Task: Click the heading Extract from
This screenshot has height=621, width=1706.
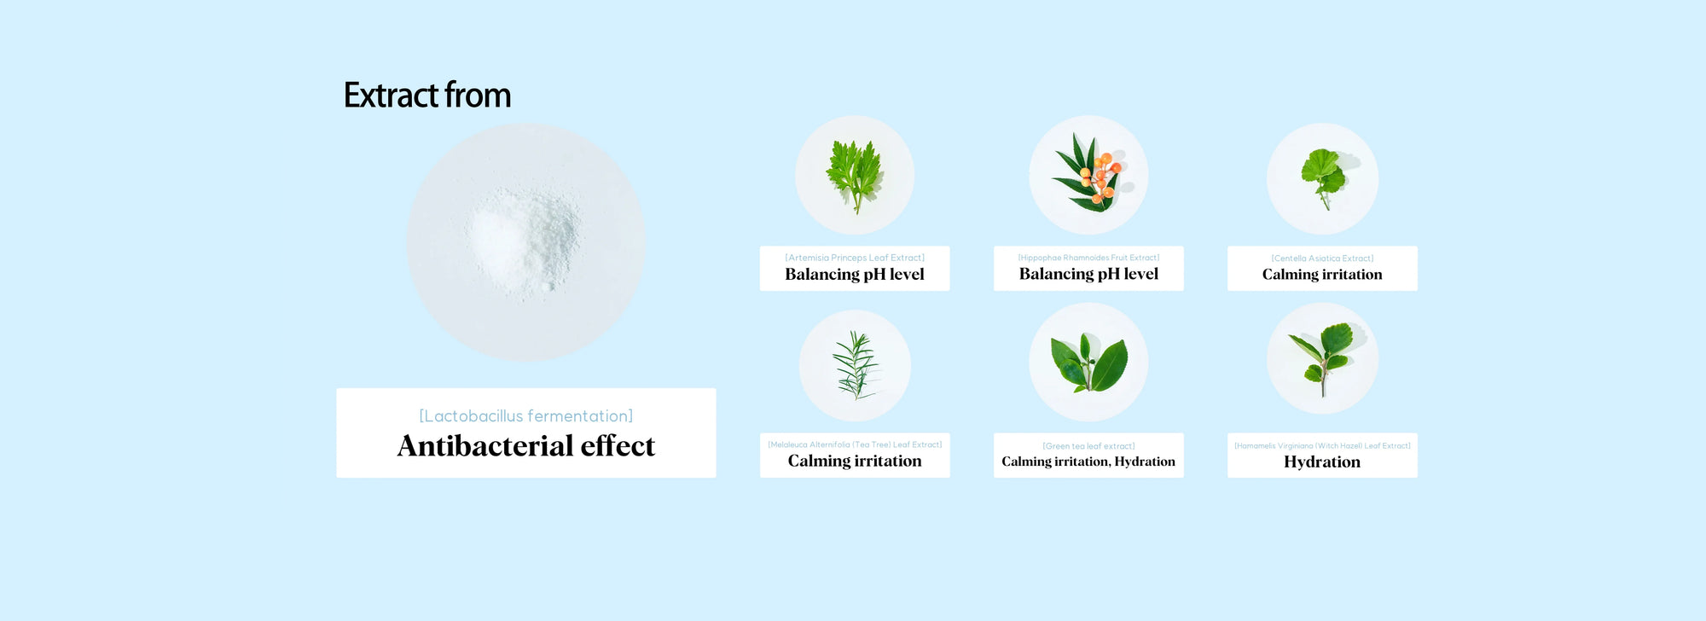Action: coord(427,95)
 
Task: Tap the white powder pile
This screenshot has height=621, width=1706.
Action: coord(524,241)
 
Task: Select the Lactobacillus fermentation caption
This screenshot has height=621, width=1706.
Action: coord(526,416)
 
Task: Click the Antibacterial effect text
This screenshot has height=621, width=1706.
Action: coord(526,446)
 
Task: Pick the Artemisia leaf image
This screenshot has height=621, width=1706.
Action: coord(855,176)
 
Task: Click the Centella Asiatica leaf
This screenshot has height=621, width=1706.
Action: coord(1322,177)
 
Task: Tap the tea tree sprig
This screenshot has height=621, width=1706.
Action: coord(855,365)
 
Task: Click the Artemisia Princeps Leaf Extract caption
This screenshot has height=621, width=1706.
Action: coord(855,258)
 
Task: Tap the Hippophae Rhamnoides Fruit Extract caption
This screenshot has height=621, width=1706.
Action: coord(1088,258)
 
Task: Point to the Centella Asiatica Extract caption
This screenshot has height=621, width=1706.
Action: coord(1322,258)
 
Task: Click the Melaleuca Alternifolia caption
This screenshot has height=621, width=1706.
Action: coord(855,444)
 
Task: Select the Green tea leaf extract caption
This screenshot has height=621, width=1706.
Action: coord(1088,446)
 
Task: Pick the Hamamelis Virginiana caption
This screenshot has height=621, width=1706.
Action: coord(1322,445)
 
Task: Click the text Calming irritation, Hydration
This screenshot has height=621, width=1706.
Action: coord(1088,461)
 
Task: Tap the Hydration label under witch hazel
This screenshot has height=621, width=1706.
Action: coord(1322,461)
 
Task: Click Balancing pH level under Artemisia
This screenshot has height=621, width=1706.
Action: coord(855,274)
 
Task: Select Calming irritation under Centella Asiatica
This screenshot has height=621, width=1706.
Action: coord(1322,274)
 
